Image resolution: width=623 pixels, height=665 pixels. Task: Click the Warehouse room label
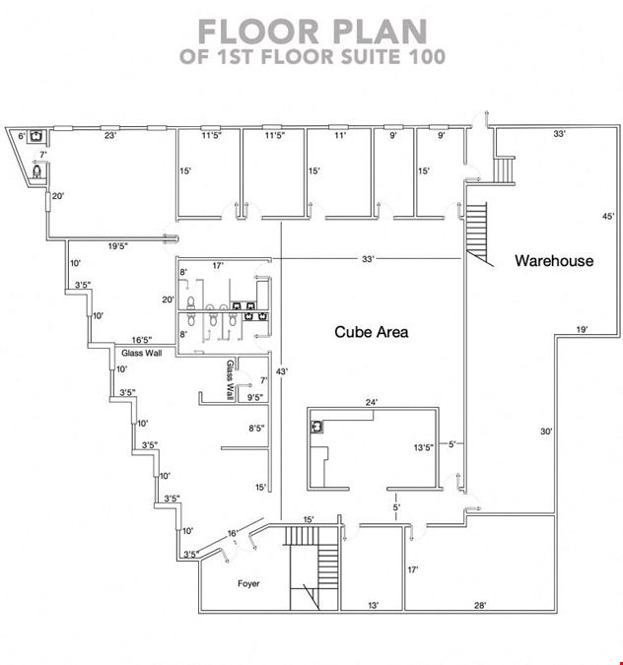(x=554, y=260)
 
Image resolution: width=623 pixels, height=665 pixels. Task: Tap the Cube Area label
(x=372, y=332)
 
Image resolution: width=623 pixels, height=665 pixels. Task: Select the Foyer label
(x=248, y=583)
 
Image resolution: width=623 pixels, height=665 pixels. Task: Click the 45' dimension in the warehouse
(x=608, y=217)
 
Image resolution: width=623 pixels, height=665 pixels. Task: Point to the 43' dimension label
(x=282, y=371)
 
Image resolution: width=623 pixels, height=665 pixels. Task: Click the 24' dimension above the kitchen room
(x=372, y=402)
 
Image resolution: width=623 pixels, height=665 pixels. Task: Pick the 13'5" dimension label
(x=424, y=447)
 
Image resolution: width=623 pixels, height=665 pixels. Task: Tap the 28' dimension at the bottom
(x=480, y=606)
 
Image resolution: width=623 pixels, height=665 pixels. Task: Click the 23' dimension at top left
(x=110, y=136)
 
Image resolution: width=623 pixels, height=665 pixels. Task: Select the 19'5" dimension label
(x=118, y=246)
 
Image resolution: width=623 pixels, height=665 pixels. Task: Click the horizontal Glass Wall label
(x=141, y=353)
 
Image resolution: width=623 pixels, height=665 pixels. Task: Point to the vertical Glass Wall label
(x=230, y=380)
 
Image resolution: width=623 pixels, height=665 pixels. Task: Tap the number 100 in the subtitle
(x=427, y=56)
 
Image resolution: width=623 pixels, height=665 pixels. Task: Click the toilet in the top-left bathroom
(x=36, y=171)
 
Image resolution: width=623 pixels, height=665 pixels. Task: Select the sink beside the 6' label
(x=36, y=136)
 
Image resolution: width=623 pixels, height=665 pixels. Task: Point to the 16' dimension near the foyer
(x=233, y=534)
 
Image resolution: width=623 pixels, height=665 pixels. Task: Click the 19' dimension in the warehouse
(x=582, y=329)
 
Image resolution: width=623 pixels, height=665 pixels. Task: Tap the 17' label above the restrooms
(x=218, y=266)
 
